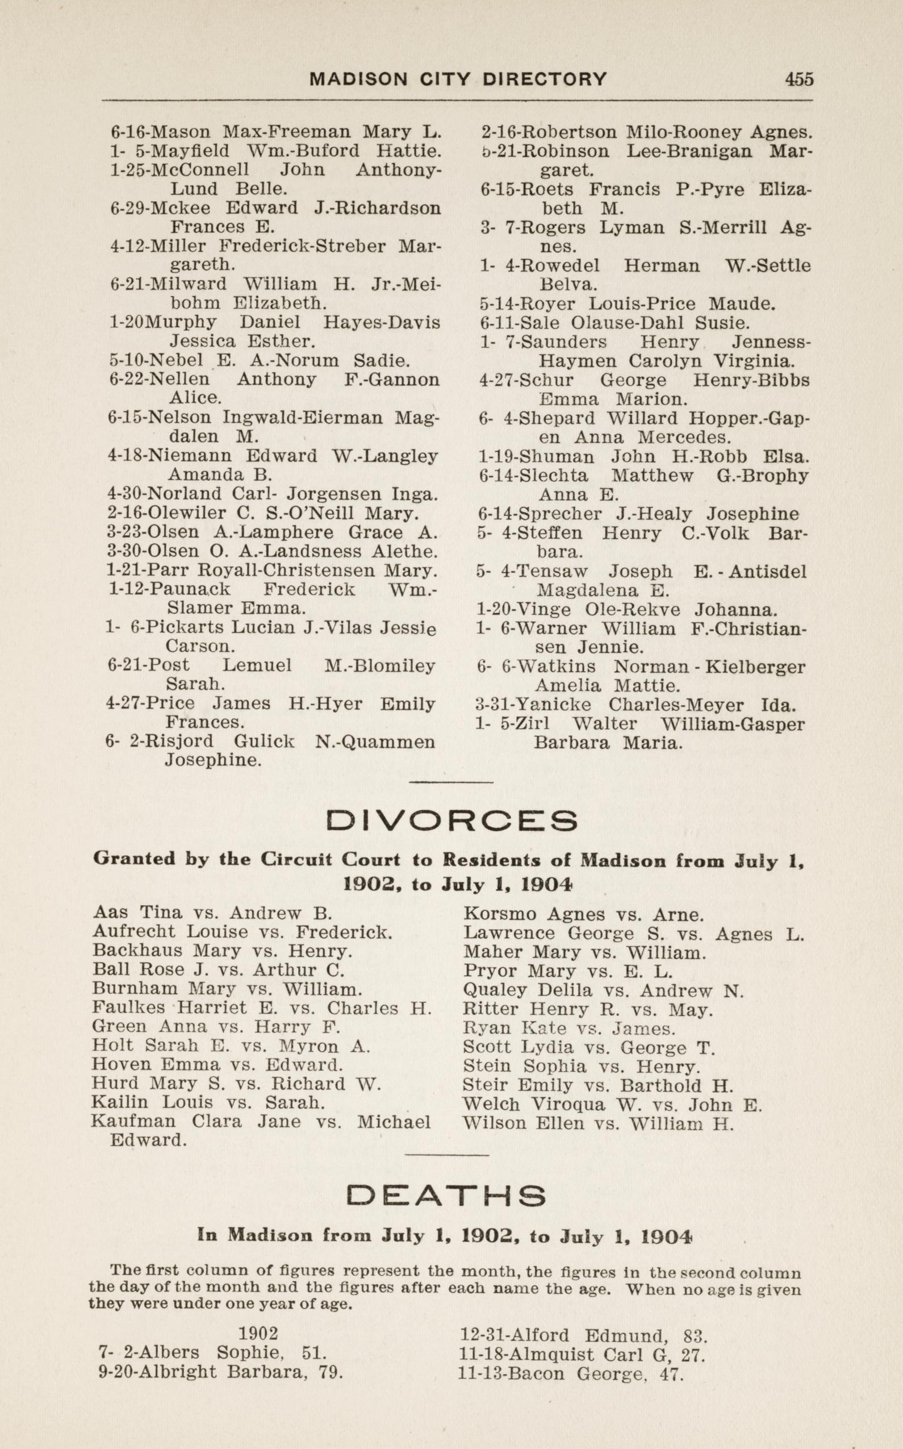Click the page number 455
[x=799, y=79]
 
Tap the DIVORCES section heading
[x=453, y=821]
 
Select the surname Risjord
[x=178, y=742]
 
